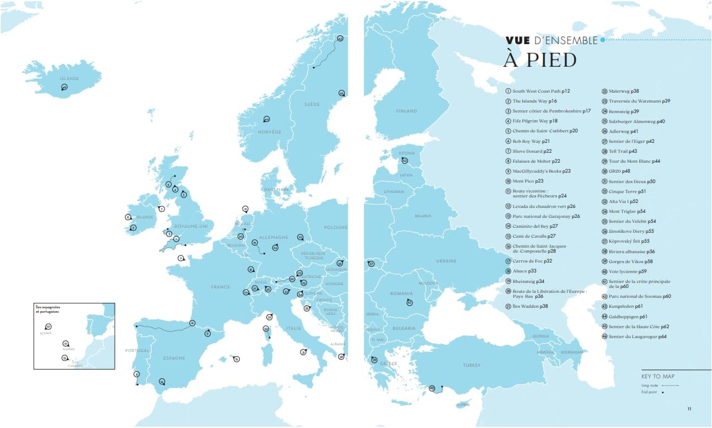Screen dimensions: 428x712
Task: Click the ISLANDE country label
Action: (69, 78)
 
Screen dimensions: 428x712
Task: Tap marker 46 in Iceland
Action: (64, 87)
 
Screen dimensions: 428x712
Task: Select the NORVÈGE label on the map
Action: (270, 132)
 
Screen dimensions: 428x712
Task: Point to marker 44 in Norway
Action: (266, 119)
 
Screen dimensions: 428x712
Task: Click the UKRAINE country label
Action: (446, 261)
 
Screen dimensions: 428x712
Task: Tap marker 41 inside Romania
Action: (409, 303)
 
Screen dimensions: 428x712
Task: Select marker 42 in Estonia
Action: (404, 160)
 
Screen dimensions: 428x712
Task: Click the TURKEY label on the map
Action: (472, 365)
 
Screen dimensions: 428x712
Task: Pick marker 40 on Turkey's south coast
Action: (432, 388)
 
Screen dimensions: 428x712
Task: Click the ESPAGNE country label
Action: (174, 357)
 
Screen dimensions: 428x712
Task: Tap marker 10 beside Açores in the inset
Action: (48, 327)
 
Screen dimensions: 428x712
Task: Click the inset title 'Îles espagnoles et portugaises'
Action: (47, 309)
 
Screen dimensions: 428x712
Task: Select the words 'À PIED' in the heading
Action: (539, 60)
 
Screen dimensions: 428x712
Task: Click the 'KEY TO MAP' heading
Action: (657, 376)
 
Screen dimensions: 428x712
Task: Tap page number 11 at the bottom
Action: (689, 409)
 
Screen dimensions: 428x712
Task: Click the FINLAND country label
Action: (406, 111)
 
